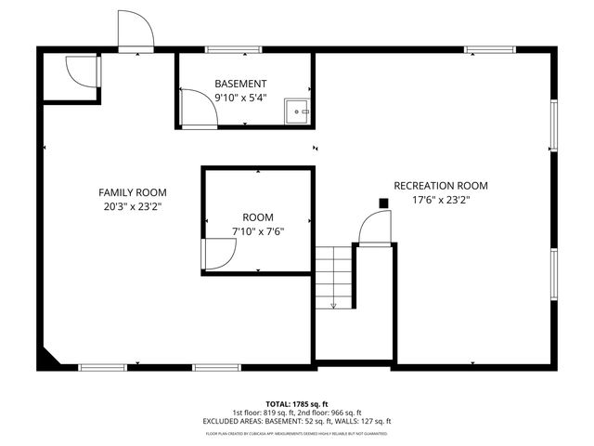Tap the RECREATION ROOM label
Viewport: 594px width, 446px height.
pos(441,186)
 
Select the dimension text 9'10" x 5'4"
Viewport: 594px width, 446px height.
pos(240,97)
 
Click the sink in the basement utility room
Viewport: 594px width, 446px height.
pos(298,110)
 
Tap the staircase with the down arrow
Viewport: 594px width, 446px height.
pos(332,276)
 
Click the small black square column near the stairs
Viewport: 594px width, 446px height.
pos(382,203)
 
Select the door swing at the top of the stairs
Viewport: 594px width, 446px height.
pos(374,228)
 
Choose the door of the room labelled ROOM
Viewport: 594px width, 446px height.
pos(218,253)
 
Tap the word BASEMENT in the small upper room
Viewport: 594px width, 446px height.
pos(240,84)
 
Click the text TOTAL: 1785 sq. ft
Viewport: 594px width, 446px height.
pos(296,405)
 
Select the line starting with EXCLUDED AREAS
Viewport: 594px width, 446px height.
pos(296,421)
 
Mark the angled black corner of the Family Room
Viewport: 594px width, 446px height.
pos(50,358)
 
